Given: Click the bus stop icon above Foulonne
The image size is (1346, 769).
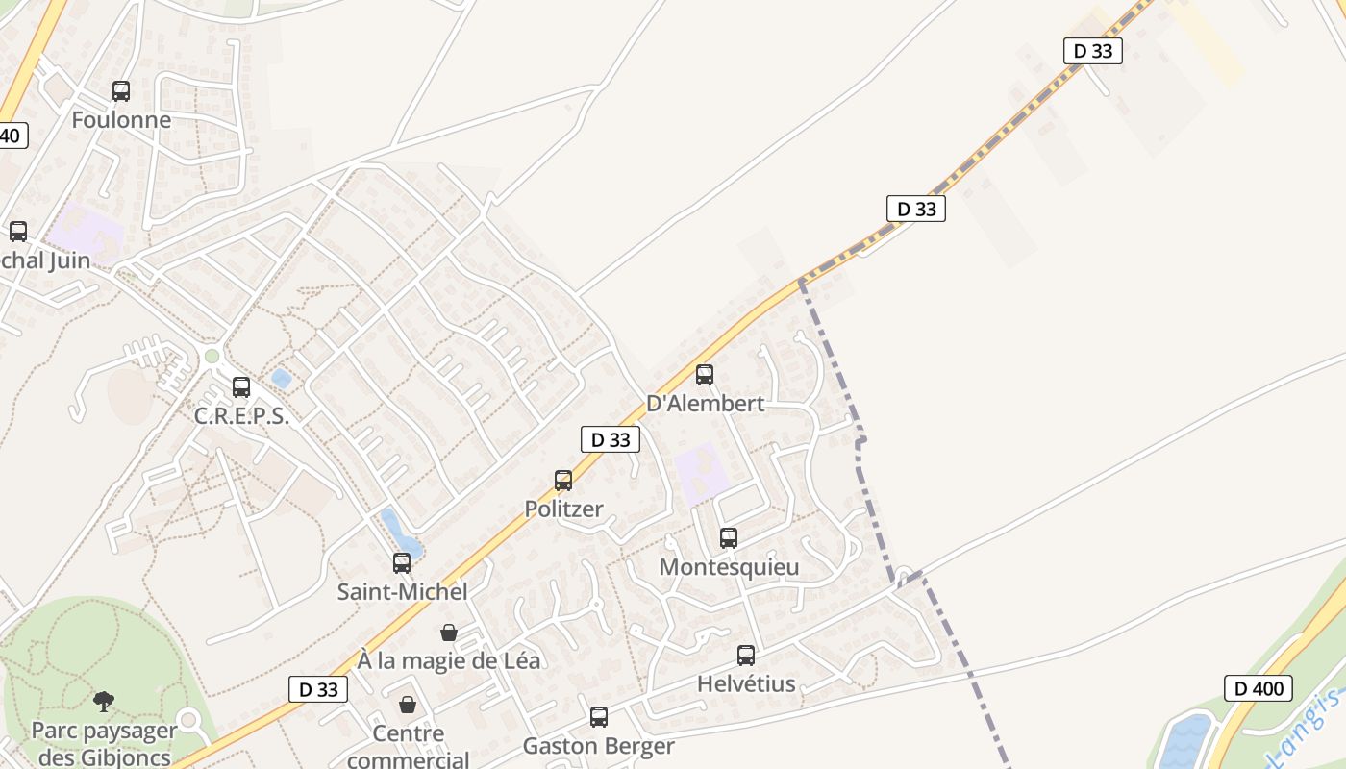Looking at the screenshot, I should [121, 91].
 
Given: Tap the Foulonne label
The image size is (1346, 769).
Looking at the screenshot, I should [121, 120].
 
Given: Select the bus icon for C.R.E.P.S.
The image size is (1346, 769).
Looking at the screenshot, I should [241, 387].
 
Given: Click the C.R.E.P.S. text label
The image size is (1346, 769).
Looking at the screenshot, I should [241, 416].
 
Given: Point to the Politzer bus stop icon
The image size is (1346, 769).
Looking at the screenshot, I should [563, 480].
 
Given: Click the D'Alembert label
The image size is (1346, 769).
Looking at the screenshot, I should [706, 404].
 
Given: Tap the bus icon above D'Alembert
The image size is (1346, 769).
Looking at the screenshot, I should [705, 375].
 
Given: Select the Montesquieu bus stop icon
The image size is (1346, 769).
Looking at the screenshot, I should [729, 538].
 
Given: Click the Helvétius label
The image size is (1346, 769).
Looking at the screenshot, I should [746, 684].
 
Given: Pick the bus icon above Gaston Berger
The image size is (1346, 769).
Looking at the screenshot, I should [599, 717].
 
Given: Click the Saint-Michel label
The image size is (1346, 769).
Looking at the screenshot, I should [402, 592].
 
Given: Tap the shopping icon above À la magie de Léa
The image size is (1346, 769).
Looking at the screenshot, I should [448, 633].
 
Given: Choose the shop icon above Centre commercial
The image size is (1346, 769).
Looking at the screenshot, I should [408, 706].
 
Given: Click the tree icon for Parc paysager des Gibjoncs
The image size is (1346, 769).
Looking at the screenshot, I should [104, 702].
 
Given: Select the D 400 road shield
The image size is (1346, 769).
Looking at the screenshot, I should [1258, 688].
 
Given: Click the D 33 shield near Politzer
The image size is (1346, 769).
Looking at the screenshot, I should [610, 439].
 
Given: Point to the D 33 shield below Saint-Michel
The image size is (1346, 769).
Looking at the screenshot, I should [317, 689].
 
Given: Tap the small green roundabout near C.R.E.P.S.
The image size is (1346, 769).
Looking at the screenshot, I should [212, 357].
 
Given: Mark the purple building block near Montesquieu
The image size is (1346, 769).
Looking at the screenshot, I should [701, 471].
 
